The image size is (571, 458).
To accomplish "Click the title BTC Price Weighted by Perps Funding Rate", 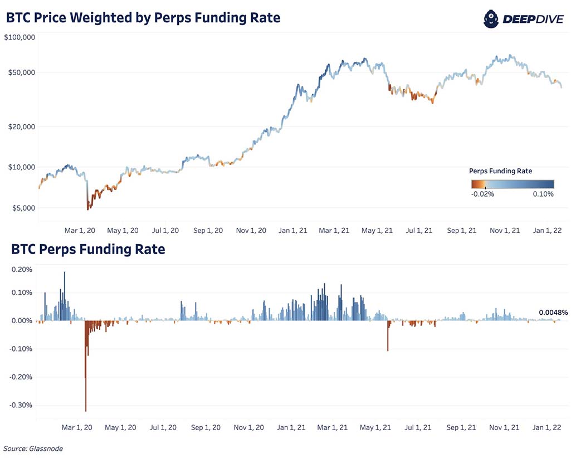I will (x=143, y=18).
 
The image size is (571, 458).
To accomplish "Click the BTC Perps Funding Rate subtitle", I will (x=85, y=249).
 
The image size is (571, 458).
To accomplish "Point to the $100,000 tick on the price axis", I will (x=20, y=37).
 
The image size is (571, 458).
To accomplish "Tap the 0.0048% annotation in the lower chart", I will (x=553, y=313).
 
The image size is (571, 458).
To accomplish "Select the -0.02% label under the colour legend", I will (x=482, y=194).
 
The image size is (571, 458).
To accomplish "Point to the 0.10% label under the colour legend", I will (x=543, y=194).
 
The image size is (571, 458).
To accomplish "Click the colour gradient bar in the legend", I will (x=511, y=183).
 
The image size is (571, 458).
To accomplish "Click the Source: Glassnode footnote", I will (x=33, y=449).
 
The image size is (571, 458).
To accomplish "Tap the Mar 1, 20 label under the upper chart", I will (x=80, y=230).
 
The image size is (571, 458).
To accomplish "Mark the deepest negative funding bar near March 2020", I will (x=86, y=390).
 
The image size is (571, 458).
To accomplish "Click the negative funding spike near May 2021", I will (x=388, y=340).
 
